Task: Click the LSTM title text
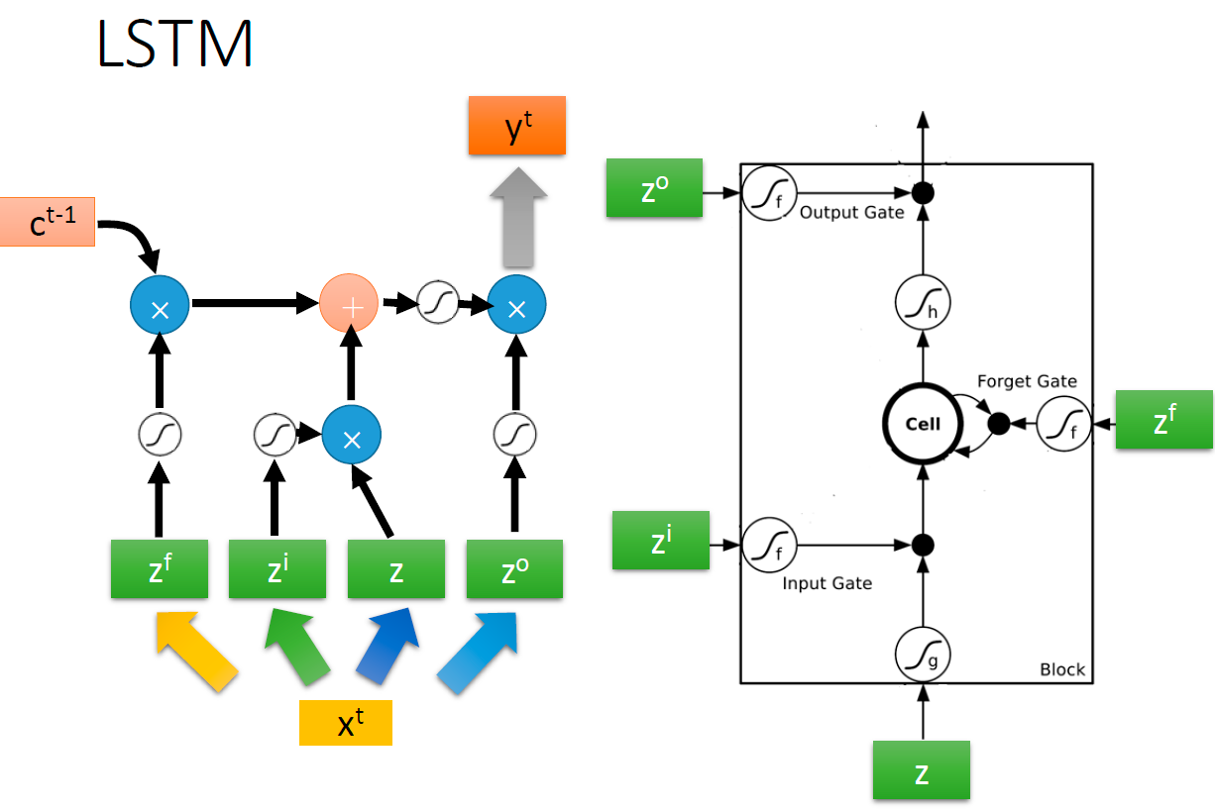(x=174, y=44)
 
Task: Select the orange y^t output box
(x=516, y=126)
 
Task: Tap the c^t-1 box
(x=47, y=221)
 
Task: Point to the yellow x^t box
(x=346, y=723)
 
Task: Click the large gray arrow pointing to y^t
(x=516, y=217)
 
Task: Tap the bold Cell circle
(x=923, y=424)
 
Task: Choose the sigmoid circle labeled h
(x=923, y=303)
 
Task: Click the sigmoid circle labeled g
(x=923, y=654)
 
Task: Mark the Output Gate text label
(x=851, y=213)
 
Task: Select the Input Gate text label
(x=827, y=583)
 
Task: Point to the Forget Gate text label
(x=1026, y=381)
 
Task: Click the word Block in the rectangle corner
(x=1061, y=669)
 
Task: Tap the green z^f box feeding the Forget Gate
(x=1164, y=421)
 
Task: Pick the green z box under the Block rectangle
(x=922, y=770)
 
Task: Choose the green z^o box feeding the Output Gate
(x=654, y=187)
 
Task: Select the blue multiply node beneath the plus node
(x=351, y=436)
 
